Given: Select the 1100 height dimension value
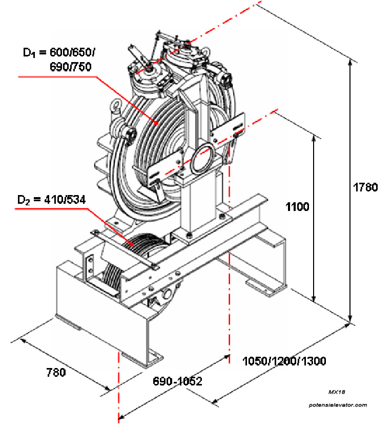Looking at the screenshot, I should [297, 207].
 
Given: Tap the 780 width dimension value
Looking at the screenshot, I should [55, 372].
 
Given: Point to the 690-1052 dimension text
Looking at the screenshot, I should [177, 381].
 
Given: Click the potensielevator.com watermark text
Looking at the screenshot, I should [338, 405].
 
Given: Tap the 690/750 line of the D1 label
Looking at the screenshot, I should [72, 66].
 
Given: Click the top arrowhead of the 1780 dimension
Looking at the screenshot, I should [350, 62].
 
